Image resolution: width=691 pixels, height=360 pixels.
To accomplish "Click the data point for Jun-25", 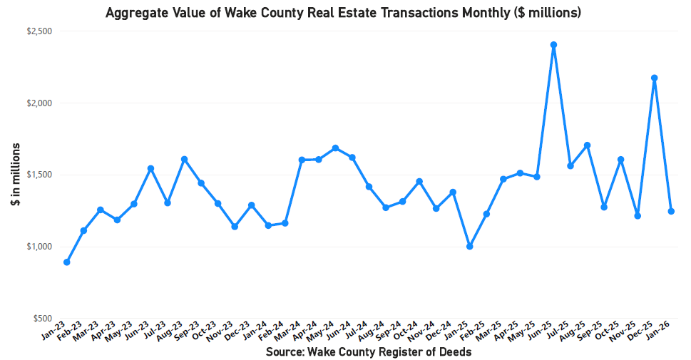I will coord(553,45).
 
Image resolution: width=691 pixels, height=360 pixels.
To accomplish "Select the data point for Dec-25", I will coord(654,78).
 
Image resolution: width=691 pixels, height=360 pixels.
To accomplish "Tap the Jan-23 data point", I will coord(67,262).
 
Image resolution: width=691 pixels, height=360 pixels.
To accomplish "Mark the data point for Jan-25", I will coord(469,247).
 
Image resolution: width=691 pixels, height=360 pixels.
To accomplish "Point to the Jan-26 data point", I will coord(671,211).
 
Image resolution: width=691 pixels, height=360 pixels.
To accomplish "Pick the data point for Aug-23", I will coord(184,159).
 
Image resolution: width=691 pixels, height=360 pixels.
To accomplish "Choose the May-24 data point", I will coord(335,148).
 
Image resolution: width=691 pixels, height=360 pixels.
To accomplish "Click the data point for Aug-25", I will coord(587,145).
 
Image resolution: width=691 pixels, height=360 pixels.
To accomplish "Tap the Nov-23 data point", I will coord(235,227).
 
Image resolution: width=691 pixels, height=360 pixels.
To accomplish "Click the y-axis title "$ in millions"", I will coord(15,175).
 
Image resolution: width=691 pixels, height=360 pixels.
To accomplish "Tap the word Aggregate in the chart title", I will coord(135,13).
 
